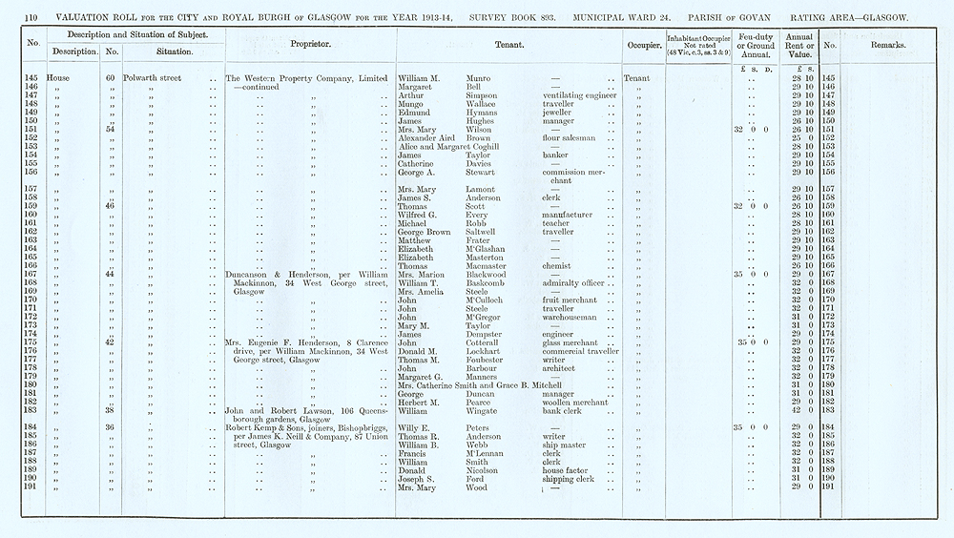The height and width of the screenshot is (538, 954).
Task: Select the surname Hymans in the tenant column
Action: [x=484, y=113]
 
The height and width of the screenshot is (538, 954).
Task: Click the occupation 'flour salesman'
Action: [x=570, y=137]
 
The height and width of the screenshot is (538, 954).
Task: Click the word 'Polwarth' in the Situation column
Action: [x=140, y=78]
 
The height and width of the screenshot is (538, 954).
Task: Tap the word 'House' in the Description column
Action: [x=58, y=78]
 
